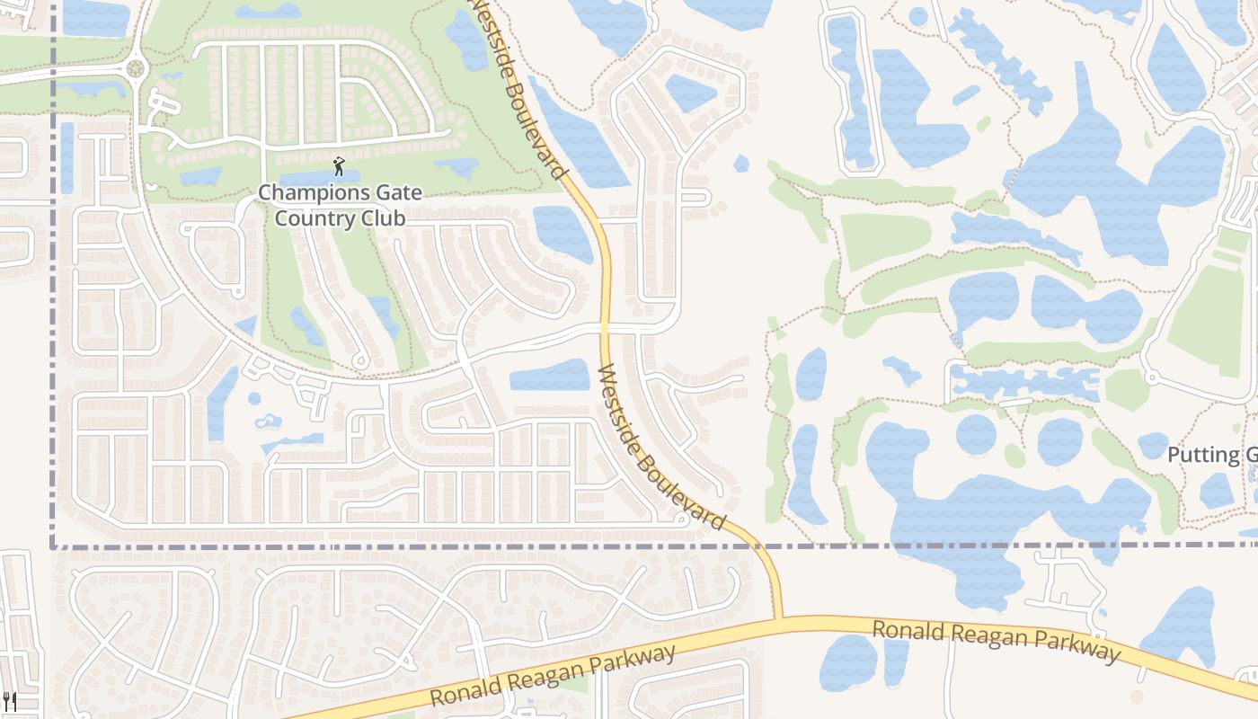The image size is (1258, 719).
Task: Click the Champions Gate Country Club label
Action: [x=340, y=205]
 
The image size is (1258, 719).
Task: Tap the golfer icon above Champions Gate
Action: [x=339, y=166]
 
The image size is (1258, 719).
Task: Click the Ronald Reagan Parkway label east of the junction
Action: [x=997, y=640]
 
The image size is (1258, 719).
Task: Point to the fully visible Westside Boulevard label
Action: [x=661, y=447]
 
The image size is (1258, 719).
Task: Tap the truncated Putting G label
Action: [x=1211, y=455]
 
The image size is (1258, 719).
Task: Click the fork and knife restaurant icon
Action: [x=10, y=700]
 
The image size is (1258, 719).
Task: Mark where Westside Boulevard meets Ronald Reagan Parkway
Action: [x=778, y=618]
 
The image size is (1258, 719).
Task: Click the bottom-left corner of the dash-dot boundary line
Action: [x=53, y=546]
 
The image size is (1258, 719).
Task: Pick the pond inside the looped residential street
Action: [x=690, y=93]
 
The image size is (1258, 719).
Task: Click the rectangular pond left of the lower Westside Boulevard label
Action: [x=550, y=375]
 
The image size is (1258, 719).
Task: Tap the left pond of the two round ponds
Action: [x=976, y=435]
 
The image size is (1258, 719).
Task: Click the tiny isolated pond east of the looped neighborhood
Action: [x=740, y=164]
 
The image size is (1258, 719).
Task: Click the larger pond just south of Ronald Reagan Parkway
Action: [x=847, y=663]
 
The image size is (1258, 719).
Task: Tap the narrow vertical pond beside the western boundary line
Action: [x=66, y=158]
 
